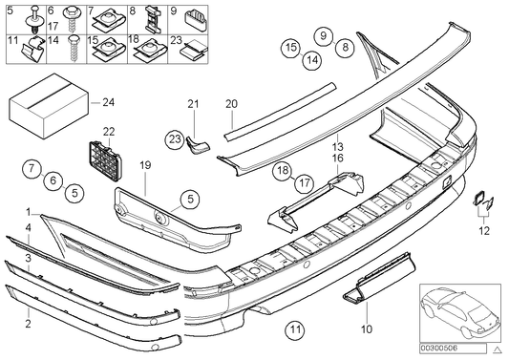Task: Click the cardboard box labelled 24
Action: [43, 101]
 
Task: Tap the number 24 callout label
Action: [108, 101]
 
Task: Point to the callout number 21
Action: [191, 103]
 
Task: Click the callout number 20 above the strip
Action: [230, 103]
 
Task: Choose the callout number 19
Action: [146, 165]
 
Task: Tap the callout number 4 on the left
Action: [28, 226]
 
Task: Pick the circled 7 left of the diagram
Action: [30, 169]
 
